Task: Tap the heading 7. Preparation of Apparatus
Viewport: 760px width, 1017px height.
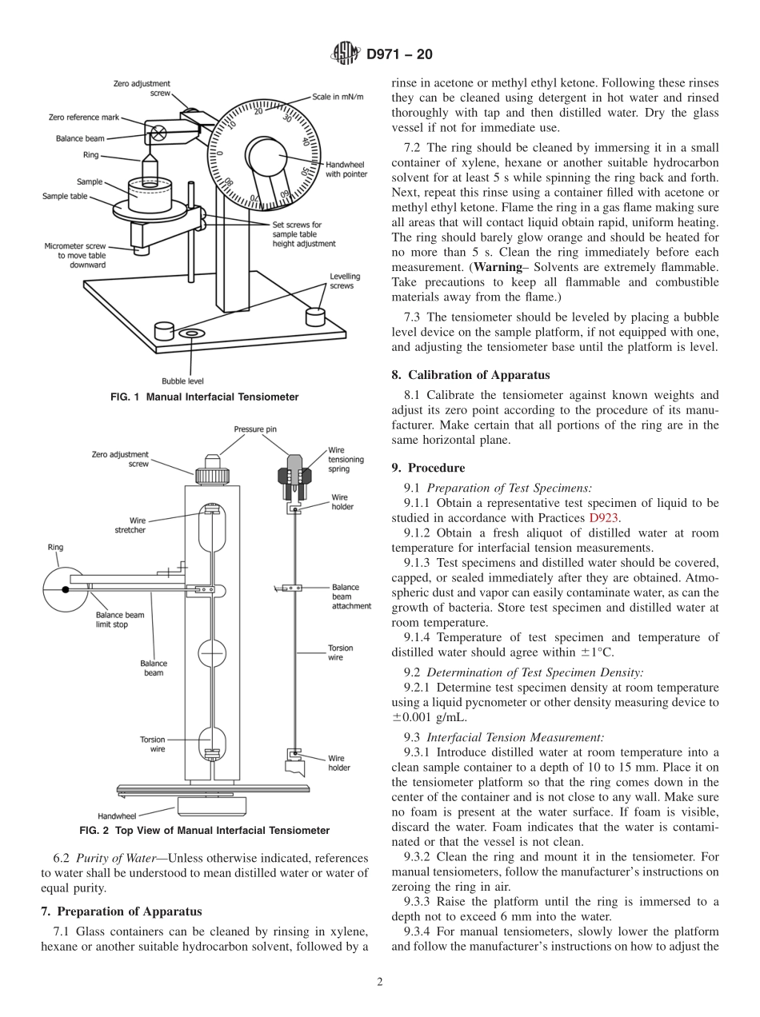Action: [x=121, y=911]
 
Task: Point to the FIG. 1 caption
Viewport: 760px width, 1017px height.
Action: [x=204, y=397]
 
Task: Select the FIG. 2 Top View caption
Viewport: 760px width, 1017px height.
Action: [x=204, y=830]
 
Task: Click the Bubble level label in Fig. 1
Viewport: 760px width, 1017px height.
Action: [x=182, y=381]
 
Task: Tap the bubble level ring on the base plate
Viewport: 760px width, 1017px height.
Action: [x=191, y=331]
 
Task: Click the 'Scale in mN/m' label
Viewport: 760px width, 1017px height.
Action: [x=337, y=96]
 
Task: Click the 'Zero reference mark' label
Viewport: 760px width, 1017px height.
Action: [x=83, y=118]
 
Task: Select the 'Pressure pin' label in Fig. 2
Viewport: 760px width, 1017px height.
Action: [x=254, y=429]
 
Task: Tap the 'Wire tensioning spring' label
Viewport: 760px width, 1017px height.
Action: [x=346, y=459]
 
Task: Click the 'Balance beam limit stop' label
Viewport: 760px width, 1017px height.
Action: [x=120, y=620]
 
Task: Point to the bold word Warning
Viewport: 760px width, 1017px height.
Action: [x=499, y=265]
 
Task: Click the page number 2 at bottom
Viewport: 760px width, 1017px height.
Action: [x=380, y=982]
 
